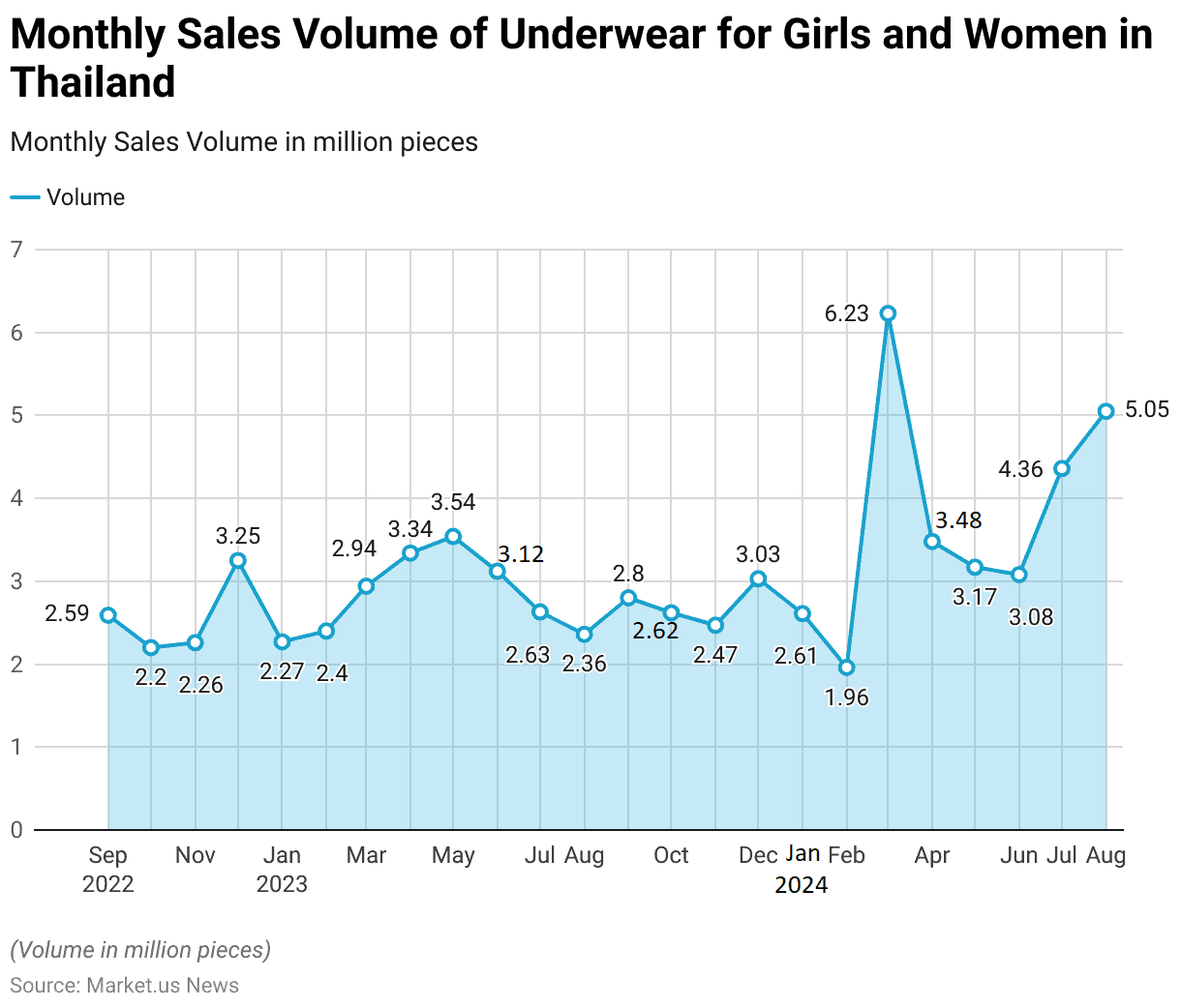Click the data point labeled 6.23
888,313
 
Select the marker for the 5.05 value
1105,411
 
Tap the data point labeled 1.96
846,667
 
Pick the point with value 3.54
453,536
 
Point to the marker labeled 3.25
238,560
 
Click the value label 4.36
1020,469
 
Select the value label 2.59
67,613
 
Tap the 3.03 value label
758,554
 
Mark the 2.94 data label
354,548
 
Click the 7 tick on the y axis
16,250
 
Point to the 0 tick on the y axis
16,830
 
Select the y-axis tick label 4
16,498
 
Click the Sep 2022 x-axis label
107,869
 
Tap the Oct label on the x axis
671,855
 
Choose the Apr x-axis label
932,855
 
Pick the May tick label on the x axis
453,855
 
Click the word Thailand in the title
93,82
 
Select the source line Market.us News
125,985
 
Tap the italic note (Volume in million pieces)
140,950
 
